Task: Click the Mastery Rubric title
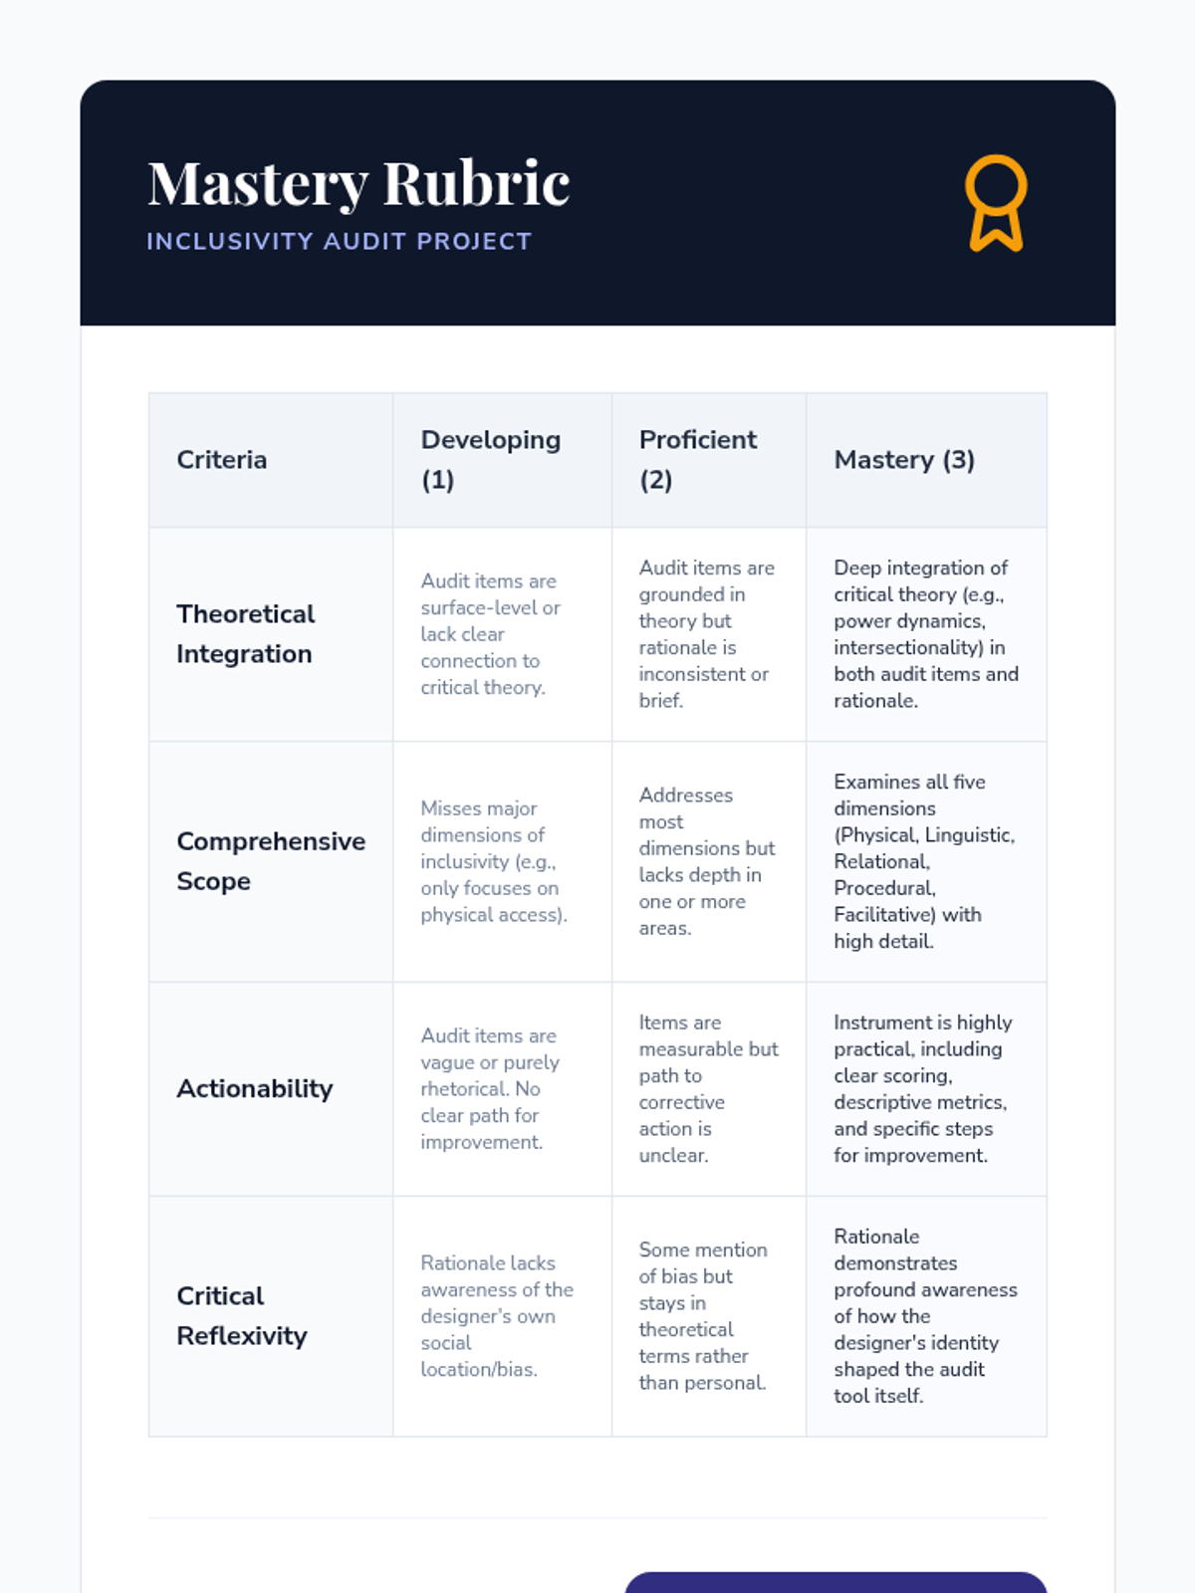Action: click(358, 183)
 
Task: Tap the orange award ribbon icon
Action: click(995, 202)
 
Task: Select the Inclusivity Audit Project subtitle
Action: click(339, 242)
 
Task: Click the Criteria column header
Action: click(222, 460)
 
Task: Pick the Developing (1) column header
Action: click(491, 460)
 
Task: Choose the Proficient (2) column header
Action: click(698, 460)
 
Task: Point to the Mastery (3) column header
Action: click(904, 460)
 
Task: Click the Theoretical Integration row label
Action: click(246, 634)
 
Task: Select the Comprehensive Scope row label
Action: click(271, 861)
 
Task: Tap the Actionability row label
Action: click(255, 1089)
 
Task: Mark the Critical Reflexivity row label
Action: click(242, 1316)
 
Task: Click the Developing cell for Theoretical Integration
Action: click(490, 634)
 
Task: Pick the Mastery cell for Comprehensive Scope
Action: click(924, 861)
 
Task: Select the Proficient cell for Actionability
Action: click(708, 1089)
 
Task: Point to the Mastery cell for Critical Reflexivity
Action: click(925, 1316)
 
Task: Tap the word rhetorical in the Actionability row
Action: click(465, 1089)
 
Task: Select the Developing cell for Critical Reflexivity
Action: click(496, 1316)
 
